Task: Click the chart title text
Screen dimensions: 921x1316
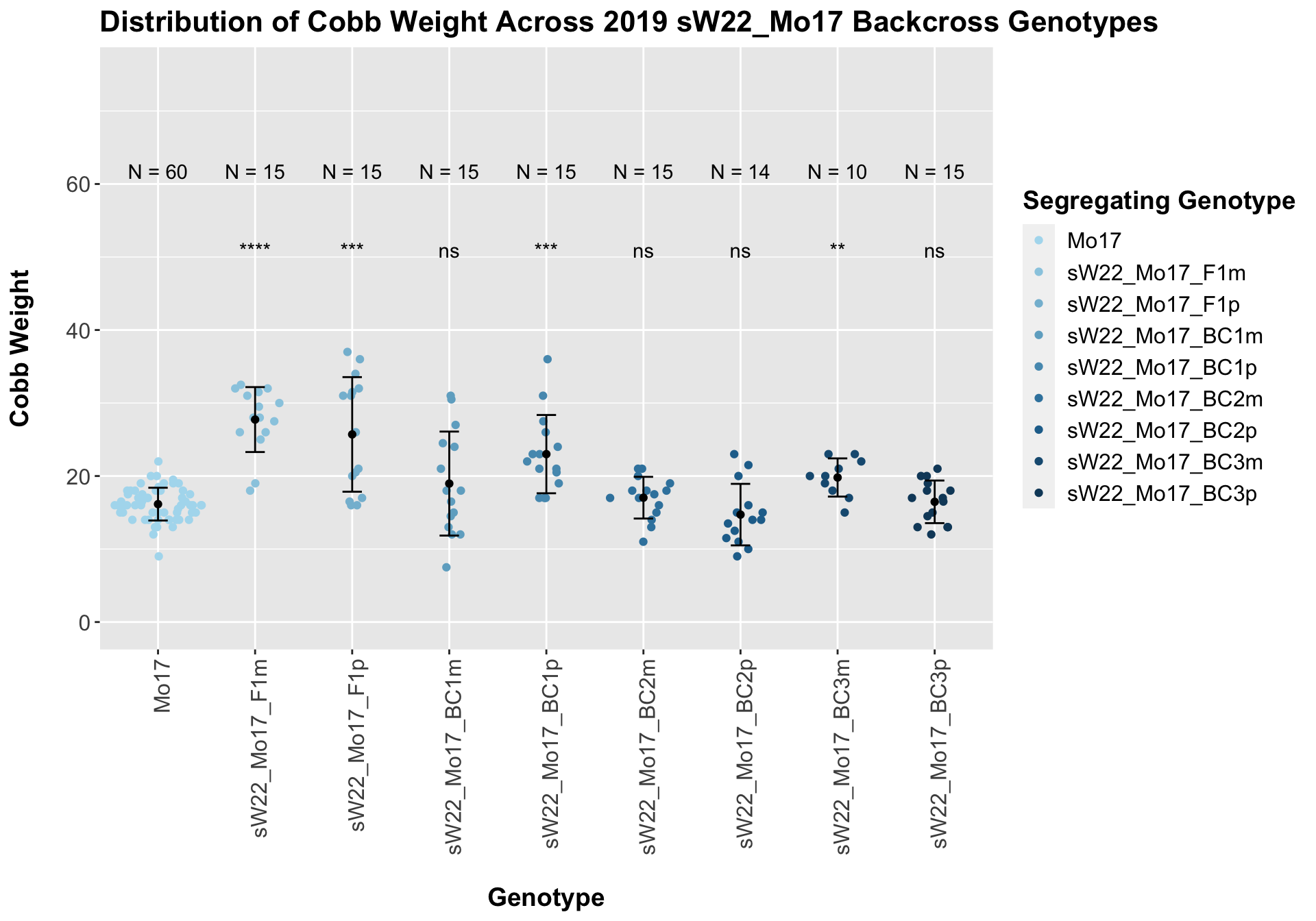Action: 629,23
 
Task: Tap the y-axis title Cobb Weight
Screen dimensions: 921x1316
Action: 21,348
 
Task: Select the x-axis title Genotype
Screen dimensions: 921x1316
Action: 546,897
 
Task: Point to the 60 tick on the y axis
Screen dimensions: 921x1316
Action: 75,184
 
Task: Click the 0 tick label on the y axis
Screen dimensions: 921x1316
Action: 85,622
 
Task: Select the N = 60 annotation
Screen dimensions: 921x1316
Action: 158,173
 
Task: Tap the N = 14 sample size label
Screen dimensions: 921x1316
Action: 740,173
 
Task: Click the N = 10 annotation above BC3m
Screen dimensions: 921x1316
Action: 837,173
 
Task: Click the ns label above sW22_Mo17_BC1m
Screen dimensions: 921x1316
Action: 449,252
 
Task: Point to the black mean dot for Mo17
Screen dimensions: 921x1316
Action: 158,504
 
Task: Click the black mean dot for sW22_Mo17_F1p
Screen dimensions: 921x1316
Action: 352,434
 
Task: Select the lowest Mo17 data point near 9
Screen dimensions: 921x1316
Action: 158,556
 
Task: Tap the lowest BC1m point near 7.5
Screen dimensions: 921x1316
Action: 446,567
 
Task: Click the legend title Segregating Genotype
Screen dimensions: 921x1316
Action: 1158,201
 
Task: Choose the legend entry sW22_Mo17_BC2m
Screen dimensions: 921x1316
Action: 1165,399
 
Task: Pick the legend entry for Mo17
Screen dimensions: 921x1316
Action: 1094,241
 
